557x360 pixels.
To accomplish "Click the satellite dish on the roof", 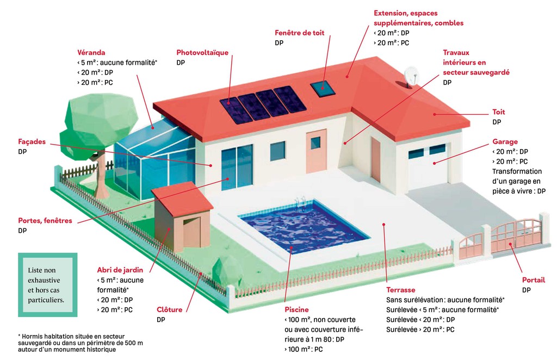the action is [411, 76].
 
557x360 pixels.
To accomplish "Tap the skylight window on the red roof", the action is [323, 89].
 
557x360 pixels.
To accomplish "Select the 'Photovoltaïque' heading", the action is [202, 53].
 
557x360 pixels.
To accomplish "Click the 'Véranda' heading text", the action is [91, 53].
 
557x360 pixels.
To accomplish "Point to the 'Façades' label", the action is [32, 141].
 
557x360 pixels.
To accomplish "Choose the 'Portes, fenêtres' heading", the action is [45, 220].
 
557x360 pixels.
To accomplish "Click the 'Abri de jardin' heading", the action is [120, 270].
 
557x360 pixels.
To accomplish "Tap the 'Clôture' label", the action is [170, 309].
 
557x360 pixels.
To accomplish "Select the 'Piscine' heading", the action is [296, 309].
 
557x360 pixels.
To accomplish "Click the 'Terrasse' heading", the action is [401, 290].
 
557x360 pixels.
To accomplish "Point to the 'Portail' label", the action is [534, 280].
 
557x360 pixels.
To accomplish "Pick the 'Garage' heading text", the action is [505, 141].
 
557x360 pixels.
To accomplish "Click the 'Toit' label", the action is [498, 112].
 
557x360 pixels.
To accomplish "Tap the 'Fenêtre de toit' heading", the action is [300, 33].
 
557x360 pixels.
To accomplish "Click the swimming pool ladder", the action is [300, 202].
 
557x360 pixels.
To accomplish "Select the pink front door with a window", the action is [316, 151].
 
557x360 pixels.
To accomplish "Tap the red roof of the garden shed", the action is [182, 199].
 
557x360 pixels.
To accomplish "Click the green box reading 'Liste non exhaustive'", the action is [48, 285].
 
